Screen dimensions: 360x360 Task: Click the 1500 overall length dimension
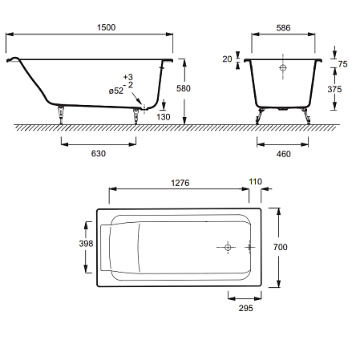click(106, 27)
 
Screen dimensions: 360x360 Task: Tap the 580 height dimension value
click(184, 88)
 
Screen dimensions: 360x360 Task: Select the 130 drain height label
click(164, 117)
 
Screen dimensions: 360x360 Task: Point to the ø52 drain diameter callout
click(116, 91)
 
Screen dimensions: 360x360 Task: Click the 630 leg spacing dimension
click(99, 153)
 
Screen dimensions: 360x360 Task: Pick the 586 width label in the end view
click(283, 28)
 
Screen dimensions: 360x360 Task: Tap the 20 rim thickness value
click(227, 59)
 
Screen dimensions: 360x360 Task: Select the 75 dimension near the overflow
click(342, 64)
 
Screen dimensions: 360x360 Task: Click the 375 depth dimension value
click(334, 89)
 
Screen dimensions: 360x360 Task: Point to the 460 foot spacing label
click(284, 154)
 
